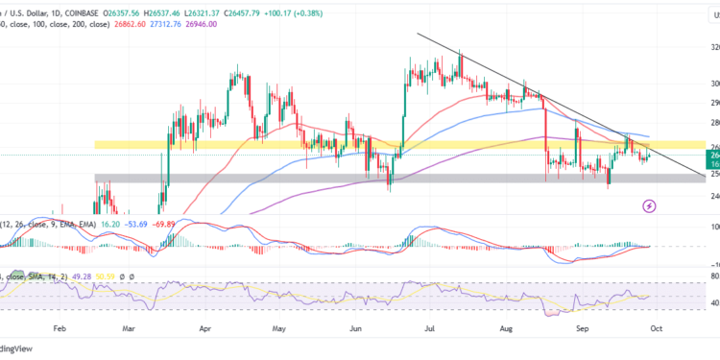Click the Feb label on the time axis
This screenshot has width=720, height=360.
(59, 327)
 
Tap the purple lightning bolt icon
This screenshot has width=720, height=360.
(650, 205)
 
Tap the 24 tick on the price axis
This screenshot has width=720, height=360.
(713, 196)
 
